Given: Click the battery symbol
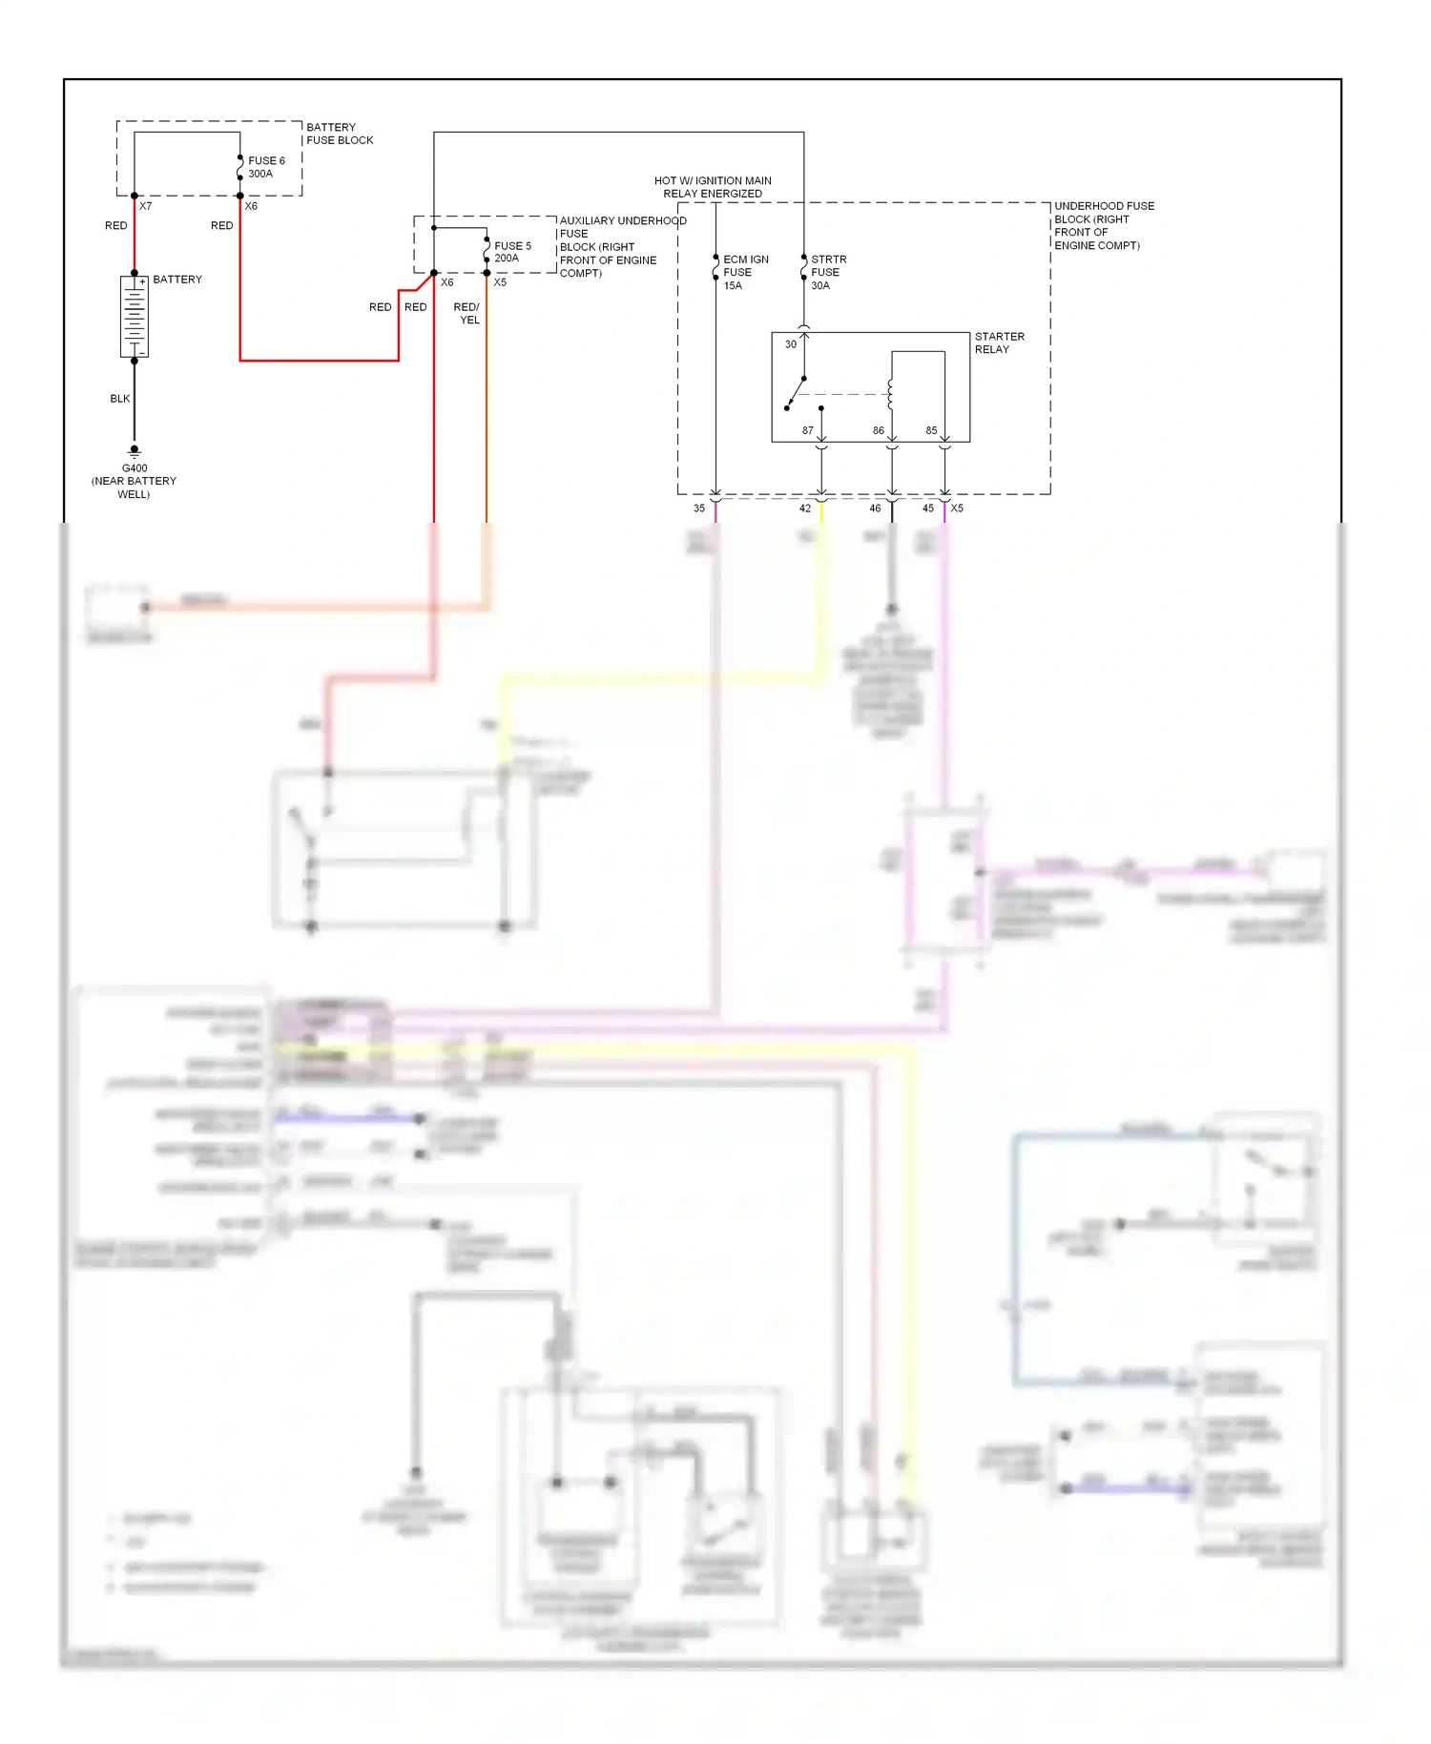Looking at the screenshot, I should [x=135, y=317].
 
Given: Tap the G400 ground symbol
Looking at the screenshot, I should [x=135, y=451].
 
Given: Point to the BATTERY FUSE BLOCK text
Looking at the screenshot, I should [x=340, y=134].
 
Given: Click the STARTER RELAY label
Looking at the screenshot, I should [x=999, y=343].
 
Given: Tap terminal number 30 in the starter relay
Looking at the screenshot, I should [x=791, y=344].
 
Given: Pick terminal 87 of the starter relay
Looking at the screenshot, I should [x=808, y=430].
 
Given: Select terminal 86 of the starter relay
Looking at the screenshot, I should [x=879, y=430].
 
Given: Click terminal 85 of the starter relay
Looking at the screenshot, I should [x=931, y=430].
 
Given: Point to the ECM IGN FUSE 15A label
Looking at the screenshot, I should [x=745, y=272].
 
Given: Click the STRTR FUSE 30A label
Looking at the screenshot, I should [x=828, y=272].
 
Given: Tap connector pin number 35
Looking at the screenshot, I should [x=699, y=509].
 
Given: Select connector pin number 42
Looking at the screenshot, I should [x=805, y=509].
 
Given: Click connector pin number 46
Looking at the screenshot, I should [x=875, y=509].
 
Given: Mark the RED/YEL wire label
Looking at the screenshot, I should [x=467, y=313].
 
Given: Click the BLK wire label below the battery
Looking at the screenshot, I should [x=120, y=399].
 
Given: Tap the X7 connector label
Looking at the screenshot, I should [x=146, y=206].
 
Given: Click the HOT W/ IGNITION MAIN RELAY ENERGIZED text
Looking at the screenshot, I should [x=713, y=187].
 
